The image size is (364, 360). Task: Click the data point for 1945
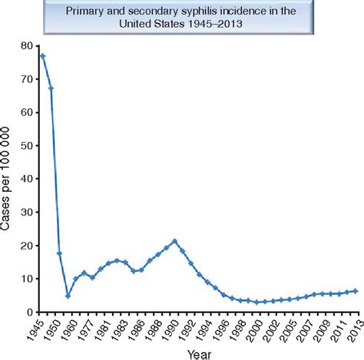[x=42, y=56]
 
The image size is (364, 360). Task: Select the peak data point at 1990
[x=175, y=241]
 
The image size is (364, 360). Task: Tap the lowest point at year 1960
[x=68, y=296]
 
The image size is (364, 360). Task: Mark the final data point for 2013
[x=355, y=291]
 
